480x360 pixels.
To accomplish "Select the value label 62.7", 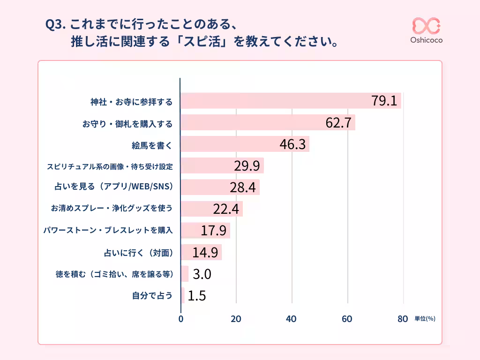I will tap(338, 123).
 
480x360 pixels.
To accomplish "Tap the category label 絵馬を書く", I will tap(152, 145).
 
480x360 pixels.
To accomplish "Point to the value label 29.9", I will tap(247, 166).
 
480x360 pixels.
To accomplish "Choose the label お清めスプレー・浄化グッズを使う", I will tap(112, 209).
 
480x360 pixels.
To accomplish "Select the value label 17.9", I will tap(213, 231).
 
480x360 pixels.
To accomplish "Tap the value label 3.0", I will tap(202, 274).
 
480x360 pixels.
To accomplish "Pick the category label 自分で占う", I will tap(152, 296).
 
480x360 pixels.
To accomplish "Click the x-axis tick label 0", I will tap(181, 319).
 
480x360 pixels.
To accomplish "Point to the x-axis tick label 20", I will tap(236, 319).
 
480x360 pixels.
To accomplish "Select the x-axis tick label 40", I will tap(292, 319).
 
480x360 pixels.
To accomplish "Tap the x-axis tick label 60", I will tap(347, 319).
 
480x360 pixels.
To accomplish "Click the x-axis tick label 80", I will tap(402, 319).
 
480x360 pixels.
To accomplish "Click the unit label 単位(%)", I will tap(425, 319).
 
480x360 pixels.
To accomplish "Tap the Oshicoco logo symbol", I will tap(426, 25).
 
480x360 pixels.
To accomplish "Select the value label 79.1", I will tap(384, 101).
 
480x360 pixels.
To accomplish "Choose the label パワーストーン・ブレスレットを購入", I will tap(108, 231).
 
